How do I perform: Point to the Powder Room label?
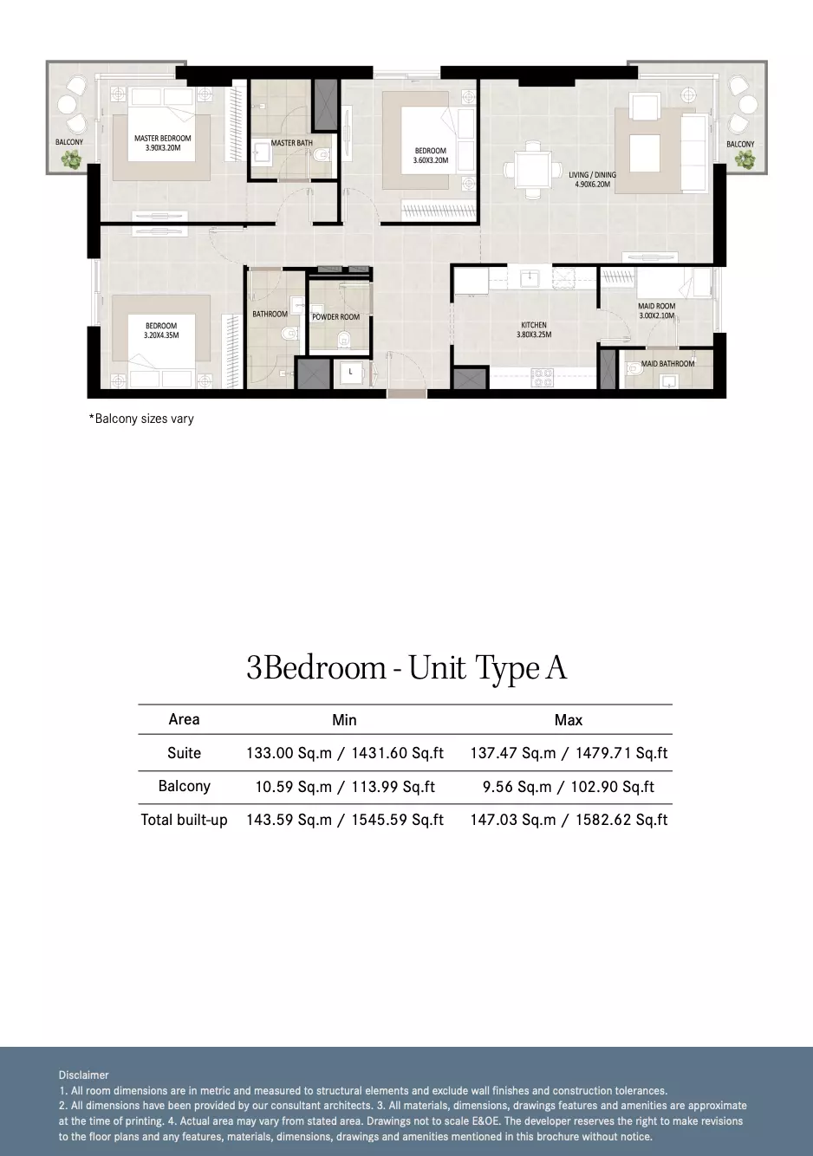(335, 317)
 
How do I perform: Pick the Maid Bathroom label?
(667, 364)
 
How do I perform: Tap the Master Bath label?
(291, 143)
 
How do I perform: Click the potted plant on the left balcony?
(71, 160)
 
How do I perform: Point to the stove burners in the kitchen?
(542, 377)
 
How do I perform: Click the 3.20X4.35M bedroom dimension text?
(161, 335)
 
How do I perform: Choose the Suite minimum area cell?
(345, 753)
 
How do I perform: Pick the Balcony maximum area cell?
(569, 787)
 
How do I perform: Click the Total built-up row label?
(185, 820)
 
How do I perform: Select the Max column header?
(569, 720)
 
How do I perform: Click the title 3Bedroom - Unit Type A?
(406, 668)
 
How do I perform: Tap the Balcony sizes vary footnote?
(141, 419)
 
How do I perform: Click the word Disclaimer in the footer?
(83, 1075)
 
